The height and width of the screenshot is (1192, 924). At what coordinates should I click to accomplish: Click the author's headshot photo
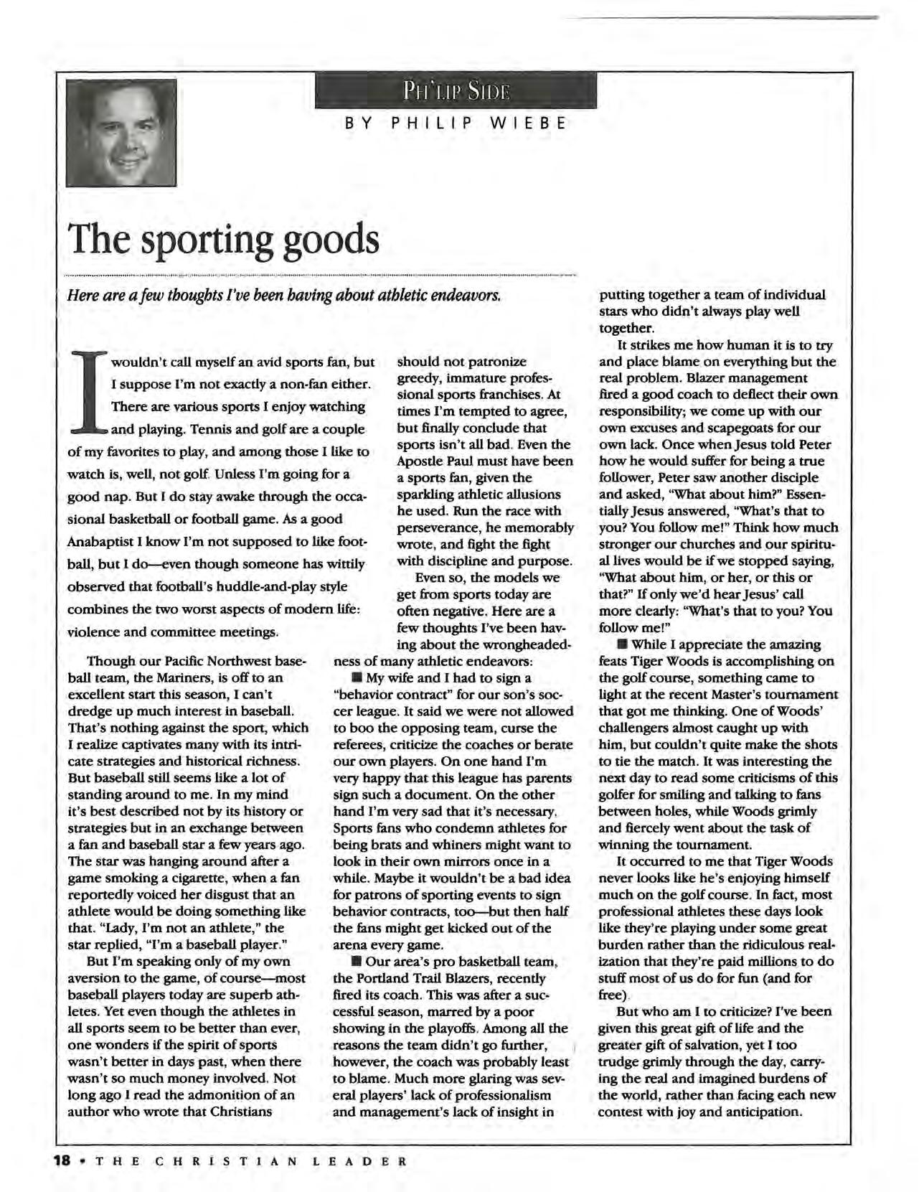(121, 133)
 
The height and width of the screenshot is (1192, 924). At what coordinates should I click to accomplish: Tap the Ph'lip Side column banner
(456, 93)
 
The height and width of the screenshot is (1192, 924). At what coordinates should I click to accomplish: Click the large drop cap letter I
(88, 393)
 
